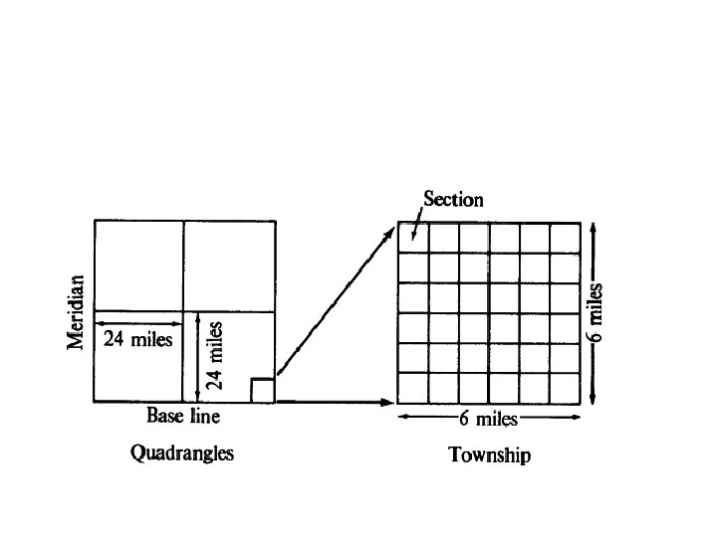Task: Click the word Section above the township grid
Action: click(x=453, y=199)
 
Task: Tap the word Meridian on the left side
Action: click(x=76, y=312)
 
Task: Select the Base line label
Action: click(x=183, y=416)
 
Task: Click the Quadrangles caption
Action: click(x=182, y=453)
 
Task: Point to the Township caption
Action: click(x=489, y=455)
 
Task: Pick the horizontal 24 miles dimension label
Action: click(x=138, y=340)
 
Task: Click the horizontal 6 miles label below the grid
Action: click(x=488, y=419)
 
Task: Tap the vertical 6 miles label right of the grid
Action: click(x=596, y=312)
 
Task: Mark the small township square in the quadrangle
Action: click(x=262, y=390)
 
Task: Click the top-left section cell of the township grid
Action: click(x=413, y=238)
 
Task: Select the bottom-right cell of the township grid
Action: click(x=565, y=387)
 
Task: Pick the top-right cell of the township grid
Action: click(x=565, y=238)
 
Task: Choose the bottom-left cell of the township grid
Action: click(x=413, y=387)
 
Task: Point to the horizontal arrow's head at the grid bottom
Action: click(x=389, y=402)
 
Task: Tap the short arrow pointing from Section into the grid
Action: click(x=416, y=228)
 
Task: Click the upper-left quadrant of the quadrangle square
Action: click(x=138, y=266)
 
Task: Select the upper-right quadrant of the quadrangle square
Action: click(x=229, y=266)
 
